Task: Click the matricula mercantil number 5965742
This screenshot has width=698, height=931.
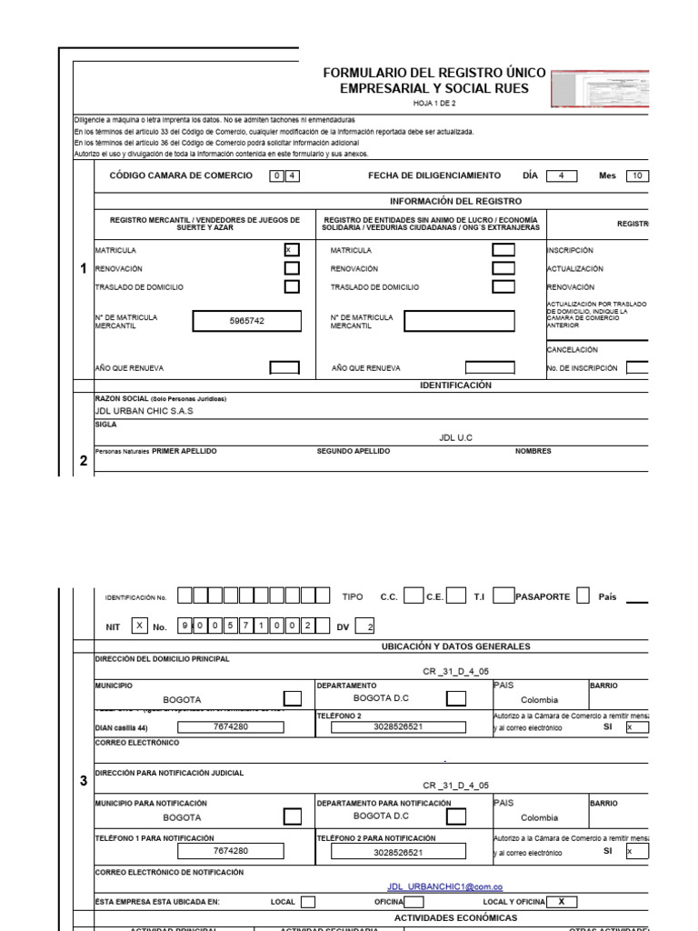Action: pyautogui.click(x=246, y=321)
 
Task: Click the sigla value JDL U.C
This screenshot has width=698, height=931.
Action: pyautogui.click(x=455, y=437)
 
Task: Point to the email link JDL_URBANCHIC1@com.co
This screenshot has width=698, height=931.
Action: pyautogui.click(x=445, y=886)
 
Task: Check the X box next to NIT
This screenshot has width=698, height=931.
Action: pyautogui.click(x=139, y=626)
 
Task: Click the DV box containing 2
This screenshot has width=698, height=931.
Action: pyautogui.click(x=365, y=626)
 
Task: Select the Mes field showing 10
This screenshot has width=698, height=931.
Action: pyautogui.click(x=636, y=176)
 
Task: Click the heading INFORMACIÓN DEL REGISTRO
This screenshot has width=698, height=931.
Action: pyautogui.click(x=455, y=201)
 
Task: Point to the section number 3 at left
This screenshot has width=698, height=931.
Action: pyautogui.click(x=84, y=779)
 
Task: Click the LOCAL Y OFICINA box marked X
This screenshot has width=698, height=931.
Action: pyautogui.click(x=562, y=902)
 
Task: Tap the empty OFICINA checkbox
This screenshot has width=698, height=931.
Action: pyautogui.click(x=413, y=902)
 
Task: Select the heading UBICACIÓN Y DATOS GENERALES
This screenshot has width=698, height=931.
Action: pyautogui.click(x=455, y=646)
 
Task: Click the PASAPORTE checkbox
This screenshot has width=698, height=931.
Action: pyautogui.click(x=583, y=596)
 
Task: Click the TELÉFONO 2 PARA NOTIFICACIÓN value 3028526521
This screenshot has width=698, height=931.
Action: pyautogui.click(x=397, y=853)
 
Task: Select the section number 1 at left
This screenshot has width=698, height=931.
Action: pyautogui.click(x=84, y=269)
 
